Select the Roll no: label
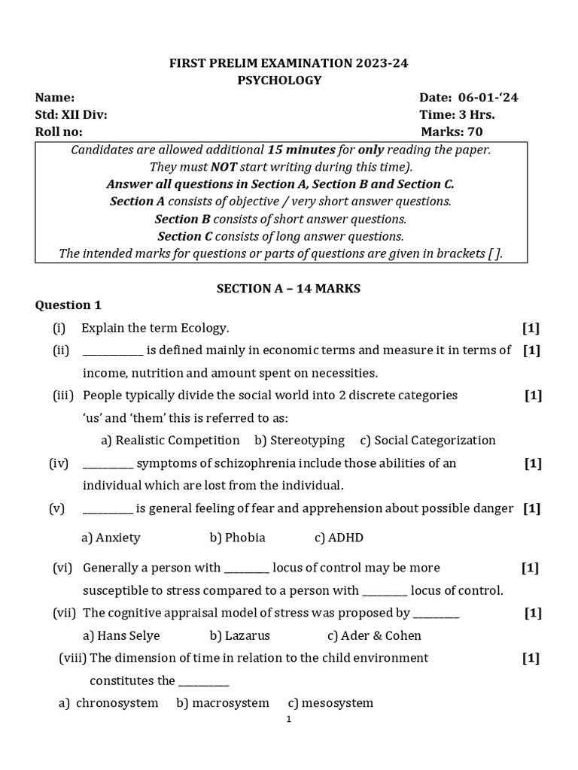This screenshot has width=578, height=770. coord(59,132)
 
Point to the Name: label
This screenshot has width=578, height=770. coord(55,98)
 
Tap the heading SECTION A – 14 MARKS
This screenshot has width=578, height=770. coord(288,289)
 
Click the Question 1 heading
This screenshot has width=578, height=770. coord(68,305)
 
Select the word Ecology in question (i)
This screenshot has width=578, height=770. coord(204,328)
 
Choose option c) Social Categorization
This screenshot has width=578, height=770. coord(427,440)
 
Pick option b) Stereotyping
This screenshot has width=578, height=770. coord(299,440)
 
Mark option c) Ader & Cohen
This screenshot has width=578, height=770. coord(375,635)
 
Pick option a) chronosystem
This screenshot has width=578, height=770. coord(109,703)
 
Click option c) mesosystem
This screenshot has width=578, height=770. coord(330,703)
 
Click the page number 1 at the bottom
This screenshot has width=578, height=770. coord(288,720)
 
